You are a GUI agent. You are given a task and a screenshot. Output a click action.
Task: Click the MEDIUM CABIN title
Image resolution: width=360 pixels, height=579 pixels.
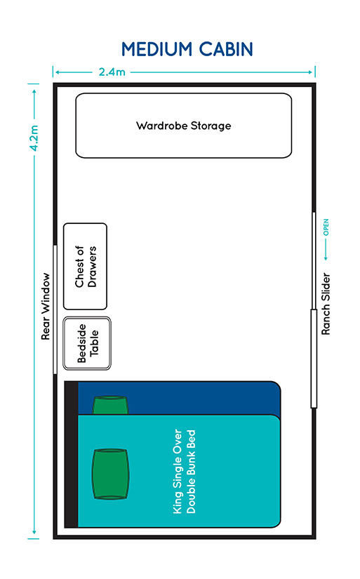(x=187, y=49)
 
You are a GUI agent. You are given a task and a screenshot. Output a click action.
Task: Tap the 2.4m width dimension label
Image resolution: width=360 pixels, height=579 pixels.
(x=112, y=72)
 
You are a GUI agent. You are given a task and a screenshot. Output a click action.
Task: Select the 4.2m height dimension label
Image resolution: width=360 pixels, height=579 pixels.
(x=34, y=138)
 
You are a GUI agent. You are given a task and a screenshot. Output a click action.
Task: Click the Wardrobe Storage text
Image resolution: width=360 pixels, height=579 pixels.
(x=183, y=126)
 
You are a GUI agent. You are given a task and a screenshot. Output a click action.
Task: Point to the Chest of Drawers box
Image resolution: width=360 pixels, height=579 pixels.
(x=86, y=266)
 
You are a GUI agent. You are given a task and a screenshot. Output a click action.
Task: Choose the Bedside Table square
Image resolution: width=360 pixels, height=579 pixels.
(x=87, y=343)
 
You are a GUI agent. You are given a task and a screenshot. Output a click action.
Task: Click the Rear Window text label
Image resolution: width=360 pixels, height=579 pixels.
(x=46, y=306)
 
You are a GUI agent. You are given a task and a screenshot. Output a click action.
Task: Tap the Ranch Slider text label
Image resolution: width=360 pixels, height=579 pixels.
(x=326, y=304)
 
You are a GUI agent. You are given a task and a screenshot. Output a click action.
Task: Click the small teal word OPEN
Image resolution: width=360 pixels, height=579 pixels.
(x=326, y=227)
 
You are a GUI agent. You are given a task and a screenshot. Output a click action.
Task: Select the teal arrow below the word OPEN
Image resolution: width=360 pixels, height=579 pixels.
(x=326, y=250)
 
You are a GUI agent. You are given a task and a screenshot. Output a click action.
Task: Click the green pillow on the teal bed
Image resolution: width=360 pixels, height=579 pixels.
(x=110, y=474)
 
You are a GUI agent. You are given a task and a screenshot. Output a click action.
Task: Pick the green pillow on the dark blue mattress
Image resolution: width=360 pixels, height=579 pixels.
(x=110, y=405)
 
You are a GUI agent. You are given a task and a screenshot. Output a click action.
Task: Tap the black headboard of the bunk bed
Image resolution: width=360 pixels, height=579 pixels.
(x=72, y=454)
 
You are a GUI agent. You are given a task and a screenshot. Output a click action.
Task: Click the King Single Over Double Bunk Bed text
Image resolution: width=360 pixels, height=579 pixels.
(x=185, y=471)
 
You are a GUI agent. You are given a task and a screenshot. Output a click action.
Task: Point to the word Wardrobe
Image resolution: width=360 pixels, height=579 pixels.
(x=161, y=126)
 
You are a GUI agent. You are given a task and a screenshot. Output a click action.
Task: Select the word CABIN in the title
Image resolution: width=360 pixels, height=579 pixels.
(x=226, y=49)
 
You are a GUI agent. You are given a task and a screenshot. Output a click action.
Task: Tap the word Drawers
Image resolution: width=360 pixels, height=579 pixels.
(x=92, y=267)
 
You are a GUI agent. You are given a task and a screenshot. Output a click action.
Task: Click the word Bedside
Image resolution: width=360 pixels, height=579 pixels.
(x=81, y=343)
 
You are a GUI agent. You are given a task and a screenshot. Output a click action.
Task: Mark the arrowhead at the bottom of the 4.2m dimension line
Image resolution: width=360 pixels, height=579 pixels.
(x=34, y=532)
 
